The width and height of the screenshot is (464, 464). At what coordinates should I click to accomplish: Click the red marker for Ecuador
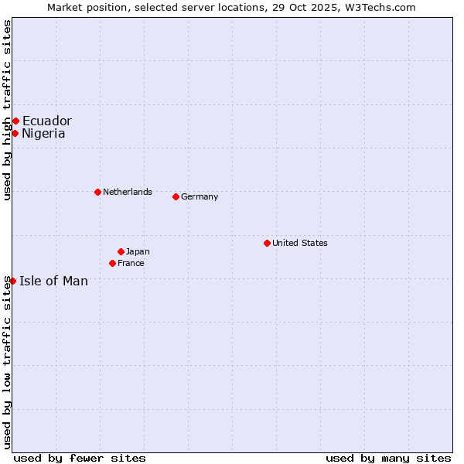point(15,121)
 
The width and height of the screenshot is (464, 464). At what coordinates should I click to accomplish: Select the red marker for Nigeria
point(15,133)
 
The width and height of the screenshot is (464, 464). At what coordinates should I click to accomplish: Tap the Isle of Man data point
point(12,281)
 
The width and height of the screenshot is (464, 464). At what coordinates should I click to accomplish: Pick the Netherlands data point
point(97,192)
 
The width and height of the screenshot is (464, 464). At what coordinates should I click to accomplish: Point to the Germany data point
point(176,196)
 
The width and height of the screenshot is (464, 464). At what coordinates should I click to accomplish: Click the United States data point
point(267,243)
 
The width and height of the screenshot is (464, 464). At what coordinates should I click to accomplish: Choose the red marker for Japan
point(121,251)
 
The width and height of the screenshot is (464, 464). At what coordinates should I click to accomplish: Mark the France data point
point(112,263)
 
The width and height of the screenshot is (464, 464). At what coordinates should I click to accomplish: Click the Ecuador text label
point(46,121)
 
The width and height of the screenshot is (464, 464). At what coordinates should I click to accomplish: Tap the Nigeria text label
point(43,133)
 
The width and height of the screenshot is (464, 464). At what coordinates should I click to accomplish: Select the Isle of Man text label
point(53,281)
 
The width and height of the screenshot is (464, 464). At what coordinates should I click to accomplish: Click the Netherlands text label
point(128,192)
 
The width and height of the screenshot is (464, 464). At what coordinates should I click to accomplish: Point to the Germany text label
point(200,196)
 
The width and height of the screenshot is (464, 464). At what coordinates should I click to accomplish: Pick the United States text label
point(300,243)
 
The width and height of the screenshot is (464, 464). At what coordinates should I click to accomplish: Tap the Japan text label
point(138,251)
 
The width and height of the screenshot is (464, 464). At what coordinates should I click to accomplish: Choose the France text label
point(131,263)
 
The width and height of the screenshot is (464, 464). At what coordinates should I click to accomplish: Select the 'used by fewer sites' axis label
point(80,458)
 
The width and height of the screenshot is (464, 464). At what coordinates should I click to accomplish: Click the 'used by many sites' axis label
point(388,458)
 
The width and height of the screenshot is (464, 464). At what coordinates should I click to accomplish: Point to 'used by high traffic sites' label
point(7,110)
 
